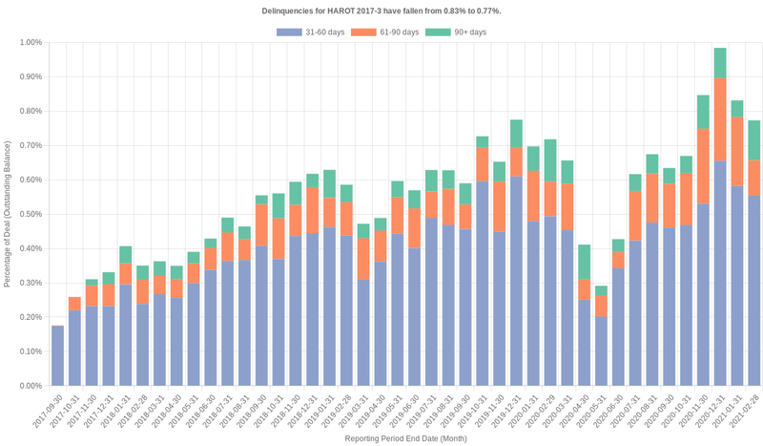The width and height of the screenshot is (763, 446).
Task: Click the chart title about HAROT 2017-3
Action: tap(381, 10)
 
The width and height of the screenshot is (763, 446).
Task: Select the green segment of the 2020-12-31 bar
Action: tap(720, 63)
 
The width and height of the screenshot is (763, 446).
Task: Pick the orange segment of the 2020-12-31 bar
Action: tap(720, 119)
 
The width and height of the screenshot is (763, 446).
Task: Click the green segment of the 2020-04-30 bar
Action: tap(585, 262)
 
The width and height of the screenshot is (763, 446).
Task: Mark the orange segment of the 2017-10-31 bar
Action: tap(74, 304)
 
